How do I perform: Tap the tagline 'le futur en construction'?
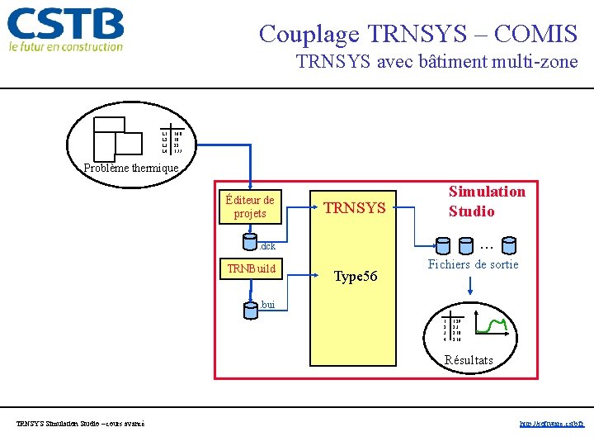(66, 47)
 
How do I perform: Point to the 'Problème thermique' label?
(131, 168)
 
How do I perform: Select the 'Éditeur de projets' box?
(250, 206)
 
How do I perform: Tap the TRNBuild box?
(252, 268)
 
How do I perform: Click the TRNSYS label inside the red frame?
(355, 208)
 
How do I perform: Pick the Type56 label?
(355, 277)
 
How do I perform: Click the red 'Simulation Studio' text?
(487, 201)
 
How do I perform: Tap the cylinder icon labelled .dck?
(251, 243)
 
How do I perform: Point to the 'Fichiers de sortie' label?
(473, 265)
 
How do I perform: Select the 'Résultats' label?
(469, 360)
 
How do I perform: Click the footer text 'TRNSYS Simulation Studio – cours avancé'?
(80, 424)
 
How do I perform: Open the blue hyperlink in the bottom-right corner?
(551, 424)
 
